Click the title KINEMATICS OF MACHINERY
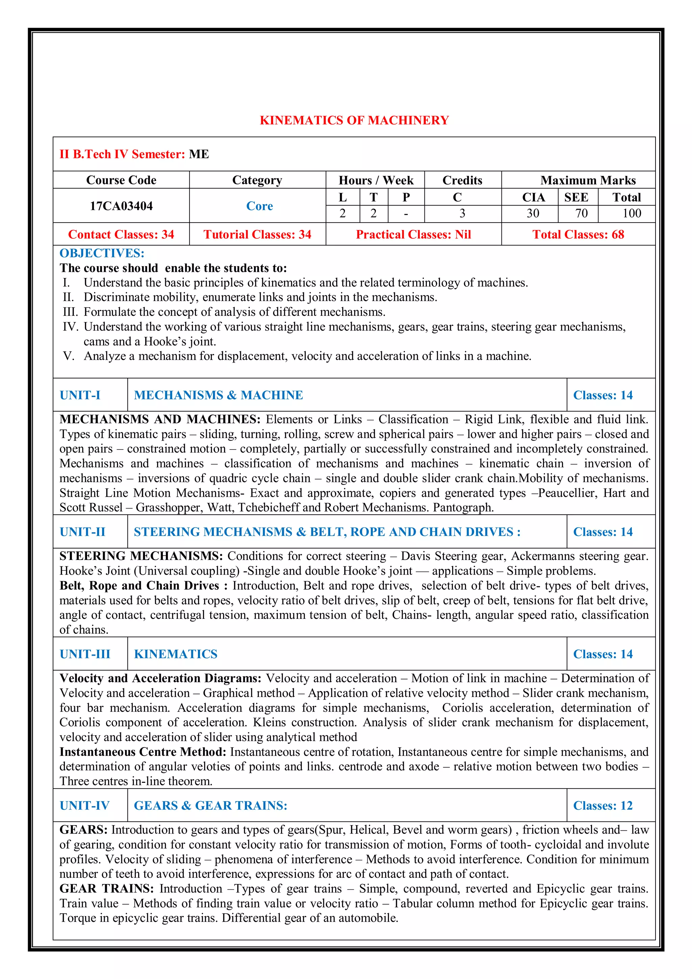354,120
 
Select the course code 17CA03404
121,206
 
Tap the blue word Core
259,206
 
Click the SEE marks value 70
581,213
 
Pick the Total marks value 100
631,213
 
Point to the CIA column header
533,197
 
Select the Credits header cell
462,180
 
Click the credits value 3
462,213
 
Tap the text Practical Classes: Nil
413,234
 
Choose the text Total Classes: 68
578,234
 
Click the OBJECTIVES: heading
102,253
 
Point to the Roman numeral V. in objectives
68,356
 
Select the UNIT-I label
80,395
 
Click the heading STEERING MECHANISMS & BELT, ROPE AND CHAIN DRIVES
327,532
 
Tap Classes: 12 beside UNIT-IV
602,806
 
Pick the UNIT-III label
85,654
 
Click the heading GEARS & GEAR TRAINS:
211,806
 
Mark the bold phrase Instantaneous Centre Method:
143,752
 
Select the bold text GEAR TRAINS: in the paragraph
106,889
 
